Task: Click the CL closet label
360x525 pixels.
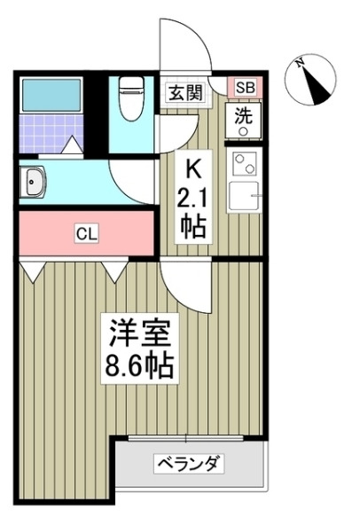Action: tap(86, 234)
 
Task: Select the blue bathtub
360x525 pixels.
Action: tap(50, 92)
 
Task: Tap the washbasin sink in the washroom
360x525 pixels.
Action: tap(35, 184)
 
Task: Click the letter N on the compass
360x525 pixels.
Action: tap(301, 62)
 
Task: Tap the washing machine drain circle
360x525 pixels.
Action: tap(242, 129)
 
